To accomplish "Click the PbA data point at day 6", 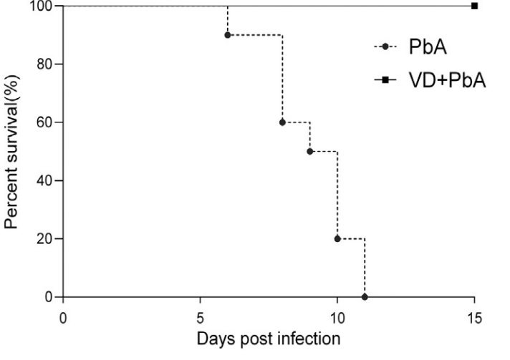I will (x=227, y=34).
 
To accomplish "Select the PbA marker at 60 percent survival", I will (x=282, y=122).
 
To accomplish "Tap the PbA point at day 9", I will (x=309, y=151).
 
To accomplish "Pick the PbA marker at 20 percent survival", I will (x=337, y=238).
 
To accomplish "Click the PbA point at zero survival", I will (x=365, y=296).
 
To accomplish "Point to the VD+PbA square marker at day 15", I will (x=474, y=6).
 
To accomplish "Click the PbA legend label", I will (x=429, y=47).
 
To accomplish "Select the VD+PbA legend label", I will (x=447, y=80).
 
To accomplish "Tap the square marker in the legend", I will (x=385, y=80).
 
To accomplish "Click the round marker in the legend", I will (x=385, y=47).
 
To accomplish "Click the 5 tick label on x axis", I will (x=201, y=315).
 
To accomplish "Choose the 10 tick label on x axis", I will (x=337, y=315).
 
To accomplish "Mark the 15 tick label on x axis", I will (x=474, y=315).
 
